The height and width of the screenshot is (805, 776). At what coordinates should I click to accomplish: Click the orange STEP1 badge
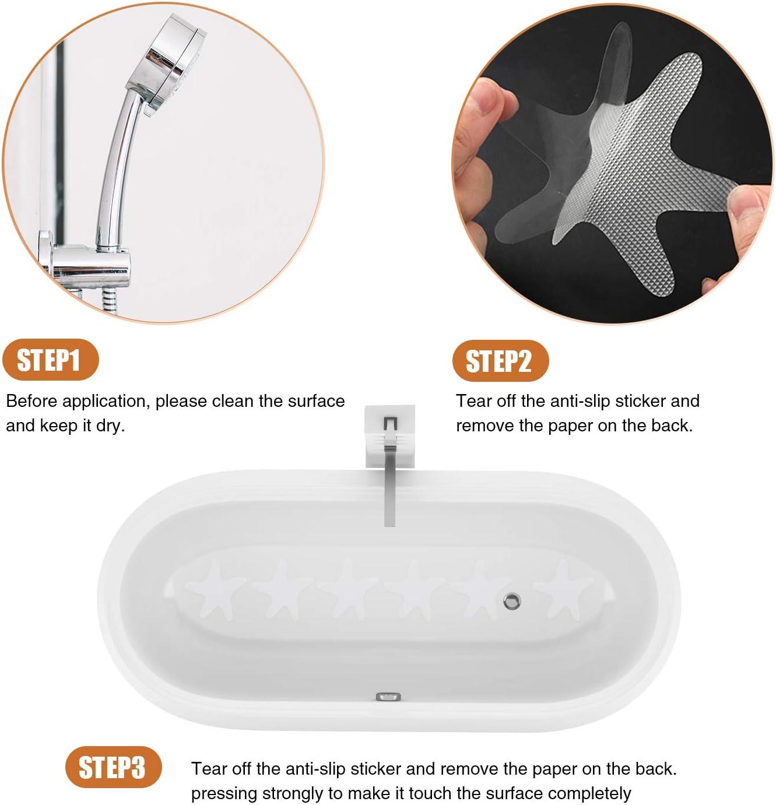coord(49,360)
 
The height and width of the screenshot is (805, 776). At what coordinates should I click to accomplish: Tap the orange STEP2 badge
coord(500,361)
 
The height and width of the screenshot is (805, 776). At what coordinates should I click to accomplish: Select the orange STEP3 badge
coord(112,767)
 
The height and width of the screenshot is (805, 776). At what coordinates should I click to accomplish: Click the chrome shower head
coord(175,67)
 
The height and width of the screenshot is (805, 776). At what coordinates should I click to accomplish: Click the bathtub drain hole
coord(512,600)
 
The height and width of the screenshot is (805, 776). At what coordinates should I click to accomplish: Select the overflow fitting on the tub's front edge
coord(388,696)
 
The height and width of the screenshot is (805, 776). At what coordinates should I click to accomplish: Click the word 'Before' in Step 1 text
coord(31,401)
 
